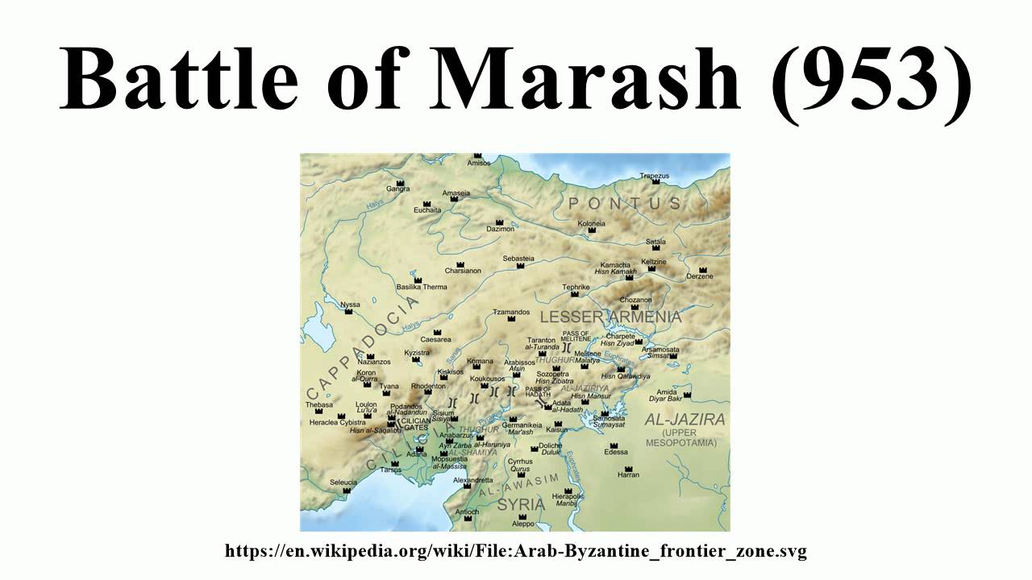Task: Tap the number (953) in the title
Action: [x=871, y=80]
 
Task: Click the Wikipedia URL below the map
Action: [x=516, y=552]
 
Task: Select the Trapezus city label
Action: [x=655, y=176]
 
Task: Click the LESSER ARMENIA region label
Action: [x=610, y=317]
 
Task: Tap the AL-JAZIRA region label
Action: [x=685, y=420]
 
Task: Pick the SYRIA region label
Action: [x=521, y=505]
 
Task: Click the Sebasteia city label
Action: [x=518, y=259]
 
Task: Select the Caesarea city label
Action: [x=435, y=340]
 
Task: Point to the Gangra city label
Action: [x=397, y=189]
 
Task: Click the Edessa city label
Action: [x=616, y=452]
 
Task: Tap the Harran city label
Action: [x=628, y=475]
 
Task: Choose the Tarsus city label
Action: [x=391, y=470]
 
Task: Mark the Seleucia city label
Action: [x=343, y=483]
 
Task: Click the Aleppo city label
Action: [x=523, y=524]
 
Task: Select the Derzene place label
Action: [x=699, y=276]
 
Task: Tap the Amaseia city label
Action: [x=456, y=193]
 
